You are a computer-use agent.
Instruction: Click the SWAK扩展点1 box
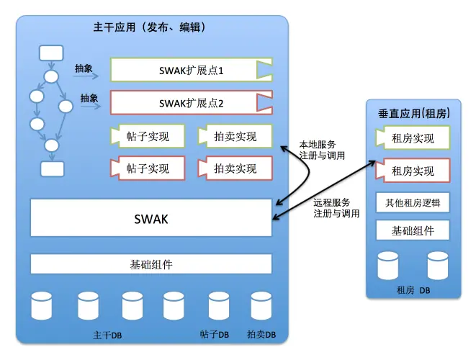192,70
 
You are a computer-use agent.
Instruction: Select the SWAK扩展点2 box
192,102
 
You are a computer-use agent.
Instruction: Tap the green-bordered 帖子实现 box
148,136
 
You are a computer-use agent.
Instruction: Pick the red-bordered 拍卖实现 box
235,168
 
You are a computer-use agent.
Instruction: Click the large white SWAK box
151,217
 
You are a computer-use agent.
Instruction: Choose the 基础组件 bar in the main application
151,264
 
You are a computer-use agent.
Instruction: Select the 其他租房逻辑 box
413,202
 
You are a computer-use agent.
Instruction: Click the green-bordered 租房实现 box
413,138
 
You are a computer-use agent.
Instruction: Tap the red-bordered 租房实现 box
413,171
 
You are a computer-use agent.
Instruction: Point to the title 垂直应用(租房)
414,114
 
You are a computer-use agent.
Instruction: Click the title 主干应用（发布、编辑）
149,27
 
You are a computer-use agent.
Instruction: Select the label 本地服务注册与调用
322,150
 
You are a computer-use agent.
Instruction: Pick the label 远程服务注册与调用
336,208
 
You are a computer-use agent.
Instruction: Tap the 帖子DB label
215,335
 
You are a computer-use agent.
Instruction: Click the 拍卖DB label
261,335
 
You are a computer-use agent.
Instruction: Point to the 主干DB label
107,336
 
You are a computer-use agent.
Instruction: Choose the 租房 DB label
413,290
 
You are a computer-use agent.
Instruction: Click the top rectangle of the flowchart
52,53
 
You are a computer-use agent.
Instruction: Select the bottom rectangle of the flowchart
53,168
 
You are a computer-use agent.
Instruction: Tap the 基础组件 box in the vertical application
413,230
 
